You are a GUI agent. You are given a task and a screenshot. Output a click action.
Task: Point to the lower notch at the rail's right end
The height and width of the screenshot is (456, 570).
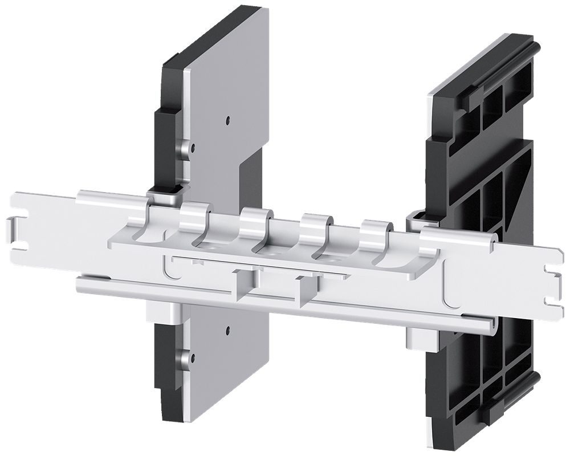click(x=549, y=299)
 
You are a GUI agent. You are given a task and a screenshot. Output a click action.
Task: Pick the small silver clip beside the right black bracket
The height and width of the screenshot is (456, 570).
click(x=415, y=219)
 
